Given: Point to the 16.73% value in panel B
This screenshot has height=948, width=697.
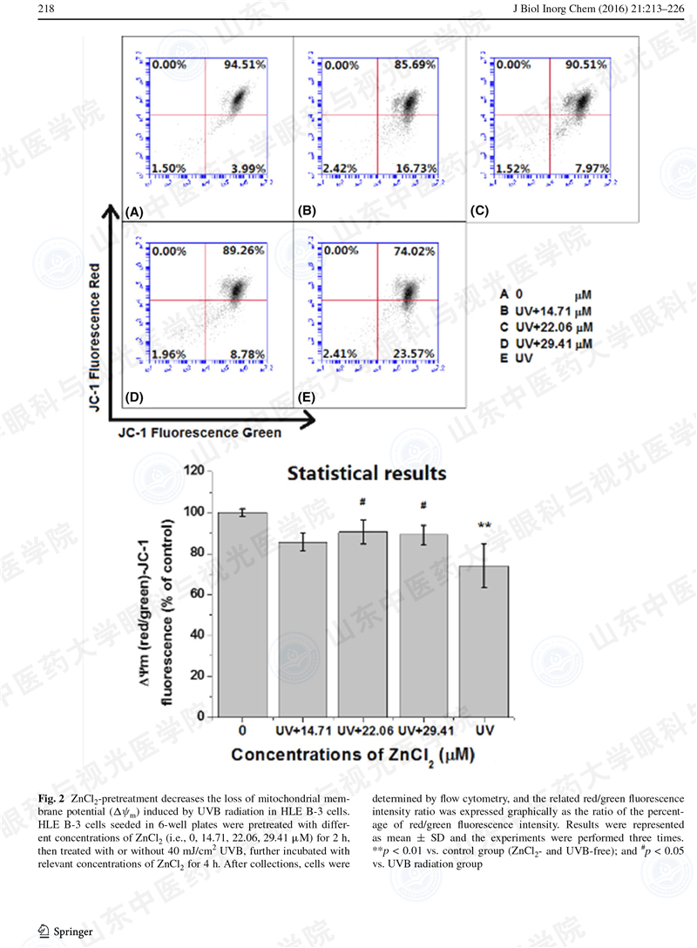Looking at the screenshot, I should coord(418,168).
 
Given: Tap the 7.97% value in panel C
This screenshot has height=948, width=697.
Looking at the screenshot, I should coord(592,168).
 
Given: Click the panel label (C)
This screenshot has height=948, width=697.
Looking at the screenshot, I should coord(481,211).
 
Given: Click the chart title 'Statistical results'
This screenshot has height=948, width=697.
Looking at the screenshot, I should coord(367,474).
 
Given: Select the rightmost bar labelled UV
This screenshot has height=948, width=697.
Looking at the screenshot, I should coord(484,641).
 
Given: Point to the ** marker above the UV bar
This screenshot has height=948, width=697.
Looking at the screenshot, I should coord(484,525).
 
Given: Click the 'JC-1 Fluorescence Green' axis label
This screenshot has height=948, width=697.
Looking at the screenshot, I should coord(200,432).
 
